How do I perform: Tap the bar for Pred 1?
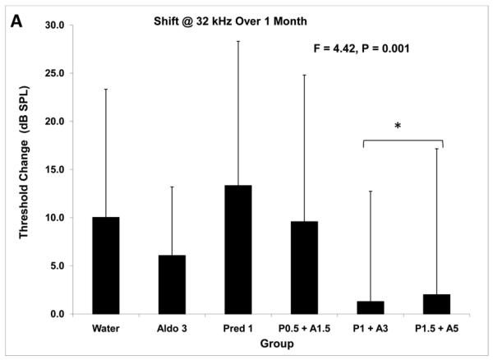(x=238, y=250)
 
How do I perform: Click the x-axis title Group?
(x=271, y=345)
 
